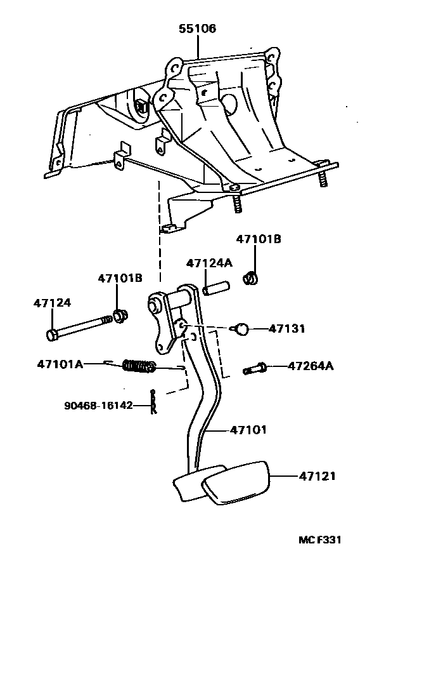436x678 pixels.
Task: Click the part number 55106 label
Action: tap(196, 29)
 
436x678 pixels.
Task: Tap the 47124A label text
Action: tap(208, 263)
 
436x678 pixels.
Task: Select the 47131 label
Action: tap(286, 329)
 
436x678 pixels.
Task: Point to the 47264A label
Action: tap(311, 366)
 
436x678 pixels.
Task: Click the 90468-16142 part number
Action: tap(98, 405)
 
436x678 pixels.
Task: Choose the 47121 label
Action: tap(317, 475)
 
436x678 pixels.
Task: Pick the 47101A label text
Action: tap(60, 364)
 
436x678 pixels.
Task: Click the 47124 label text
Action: tap(52, 303)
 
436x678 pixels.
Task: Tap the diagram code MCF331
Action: tap(320, 540)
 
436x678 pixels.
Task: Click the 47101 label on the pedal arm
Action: tap(248, 430)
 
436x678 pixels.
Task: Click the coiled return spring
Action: tap(139, 366)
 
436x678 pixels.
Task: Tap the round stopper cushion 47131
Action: tap(240, 329)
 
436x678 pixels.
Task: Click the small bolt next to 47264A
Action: tap(255, 368)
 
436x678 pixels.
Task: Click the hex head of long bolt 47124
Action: tap(51, 334)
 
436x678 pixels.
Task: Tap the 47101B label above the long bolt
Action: tap(120, 278)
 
